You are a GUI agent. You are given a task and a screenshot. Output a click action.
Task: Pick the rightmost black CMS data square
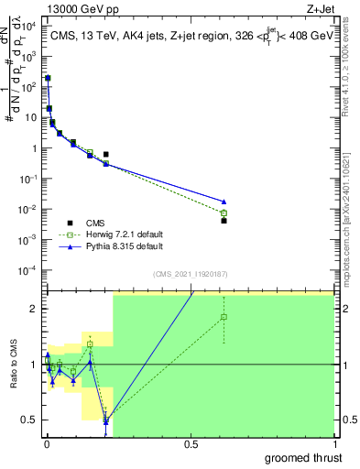(x=224, y=221)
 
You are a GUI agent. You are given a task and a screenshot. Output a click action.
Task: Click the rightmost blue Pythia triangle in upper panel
(x=224, y=202)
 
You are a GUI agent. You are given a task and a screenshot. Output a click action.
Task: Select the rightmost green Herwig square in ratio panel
(x=224, y=317)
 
